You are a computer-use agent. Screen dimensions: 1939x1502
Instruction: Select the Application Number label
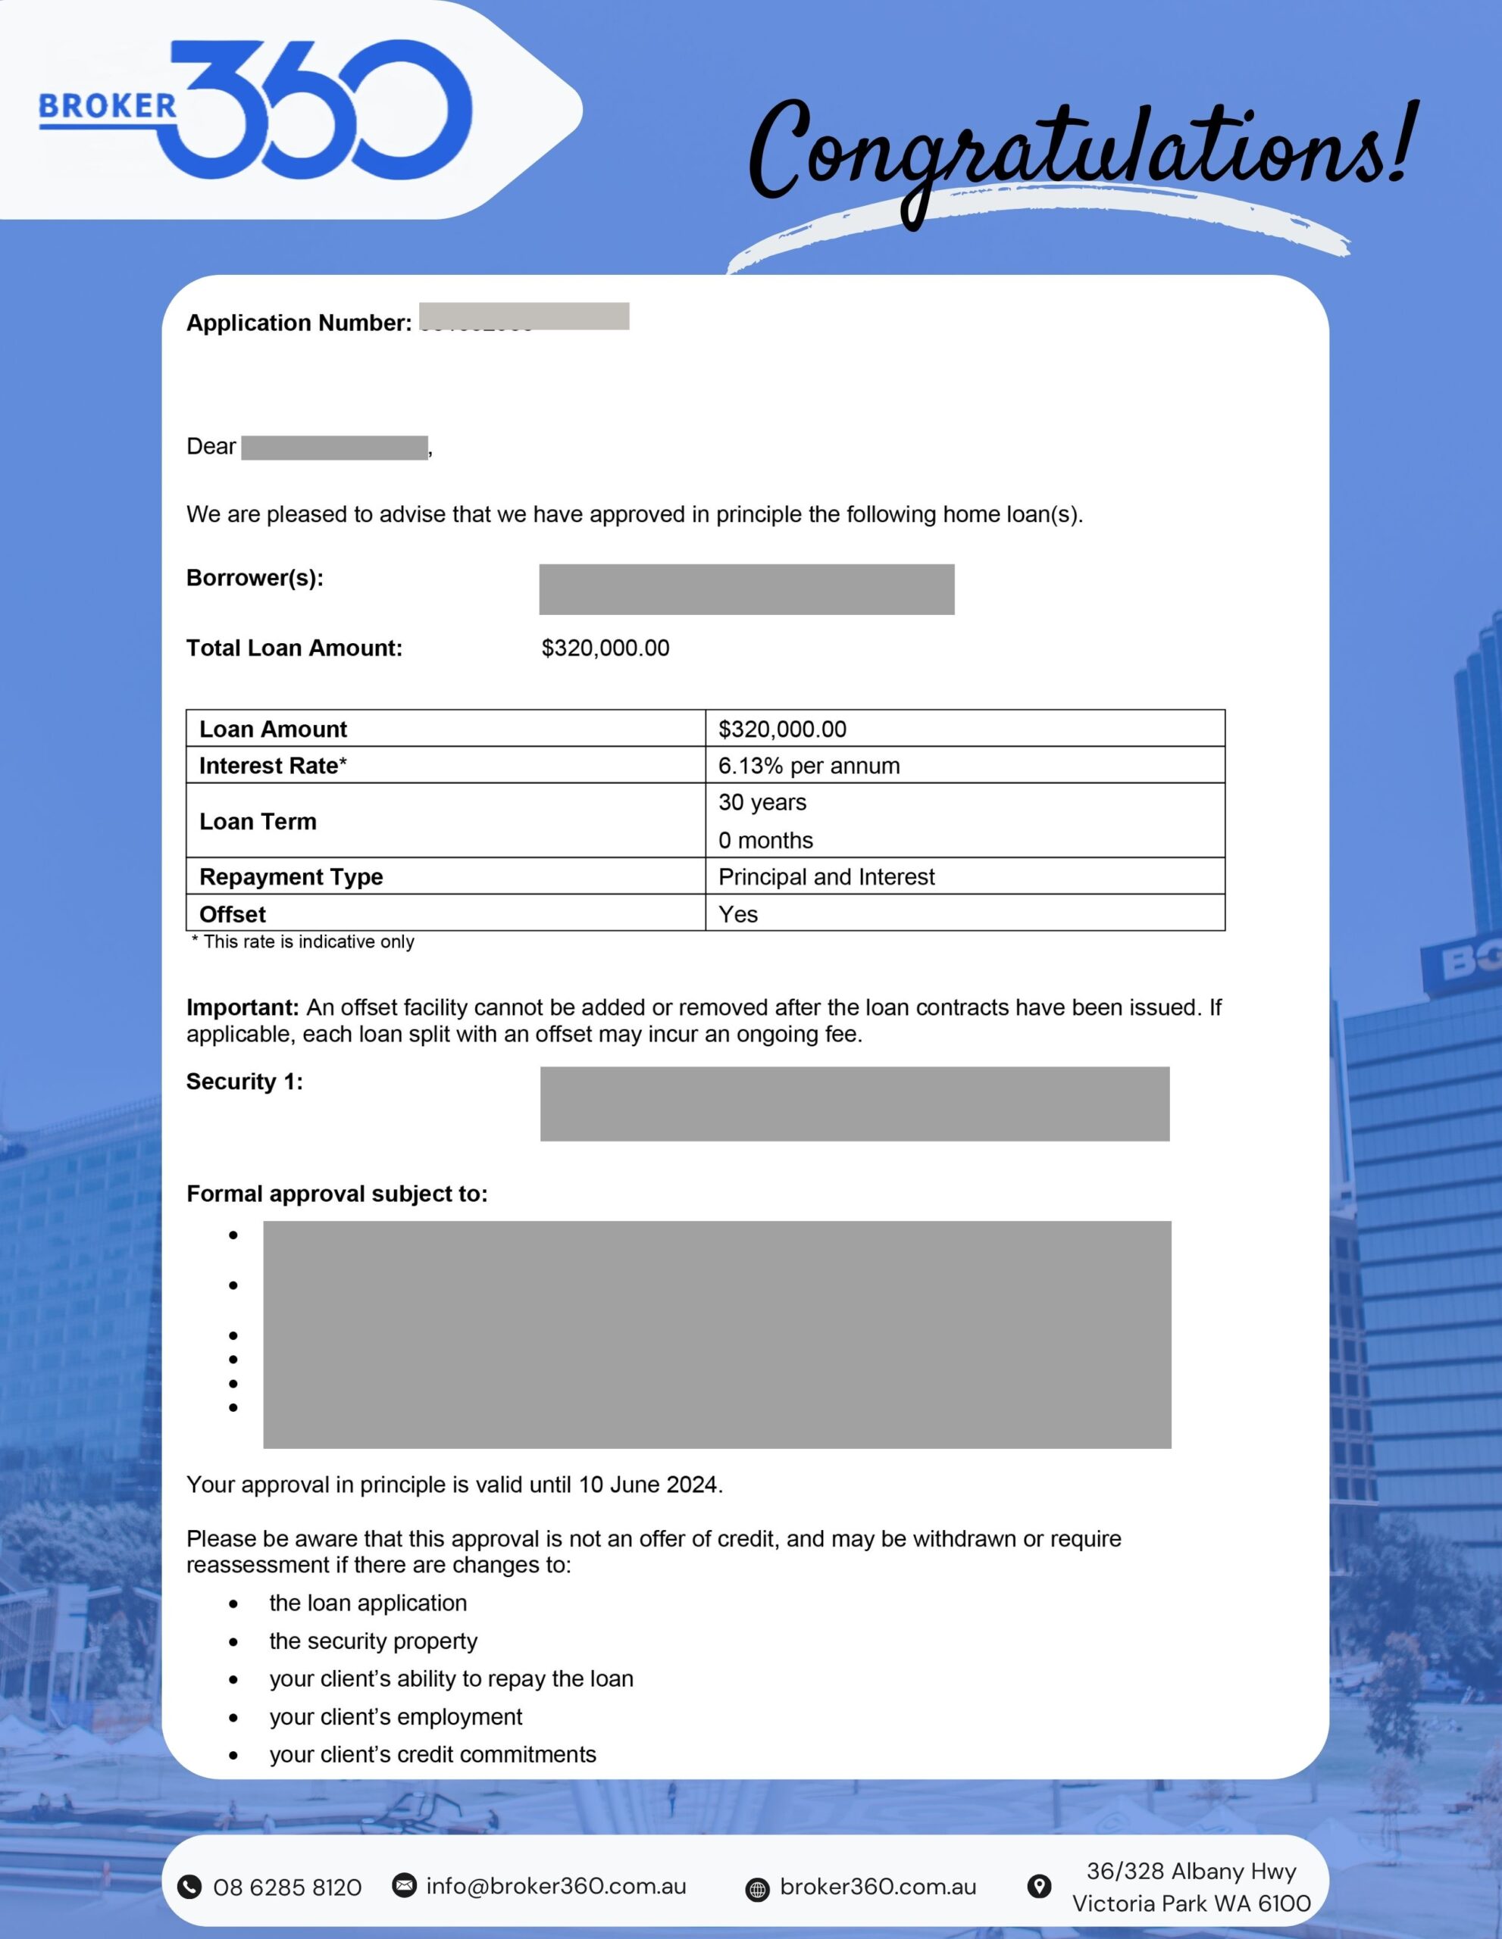pyautogui.click(x=299, y=323)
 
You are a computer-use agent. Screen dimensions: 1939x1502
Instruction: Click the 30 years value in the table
pyautogui.click(x=762, y=803)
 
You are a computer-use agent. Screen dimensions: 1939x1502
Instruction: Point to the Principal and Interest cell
pyautogui.click(x=826, y=877)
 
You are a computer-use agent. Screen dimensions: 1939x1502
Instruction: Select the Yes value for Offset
pyautogui.click(x=738, y=914)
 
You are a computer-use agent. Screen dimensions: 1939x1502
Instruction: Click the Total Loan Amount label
pyautogui.click(x=294, y=648)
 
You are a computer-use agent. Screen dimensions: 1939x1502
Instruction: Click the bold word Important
pyautogui.click(x=242, y=1007)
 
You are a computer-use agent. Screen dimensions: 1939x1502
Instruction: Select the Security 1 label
pyautogui.click(x=244, y=1082)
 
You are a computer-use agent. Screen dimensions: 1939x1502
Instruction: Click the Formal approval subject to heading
pyautogui.click(x=336, y=1194)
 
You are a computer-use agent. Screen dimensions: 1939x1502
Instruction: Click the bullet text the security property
pyautogui.click(x=373, y=1641)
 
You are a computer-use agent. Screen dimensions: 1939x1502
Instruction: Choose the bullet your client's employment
pyautogui.click(x=396, y=1716)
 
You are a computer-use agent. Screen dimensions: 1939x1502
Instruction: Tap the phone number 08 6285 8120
pyautogui.click(x=287, y=1887)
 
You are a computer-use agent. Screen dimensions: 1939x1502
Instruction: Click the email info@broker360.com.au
pyautogui.click(x=556, y=1886)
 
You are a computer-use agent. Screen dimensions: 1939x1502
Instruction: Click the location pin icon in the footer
pyautogui.click(x=1038, y=1887)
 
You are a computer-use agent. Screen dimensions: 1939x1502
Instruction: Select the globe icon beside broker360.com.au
pyautogui.click(x=758, y=1889)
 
